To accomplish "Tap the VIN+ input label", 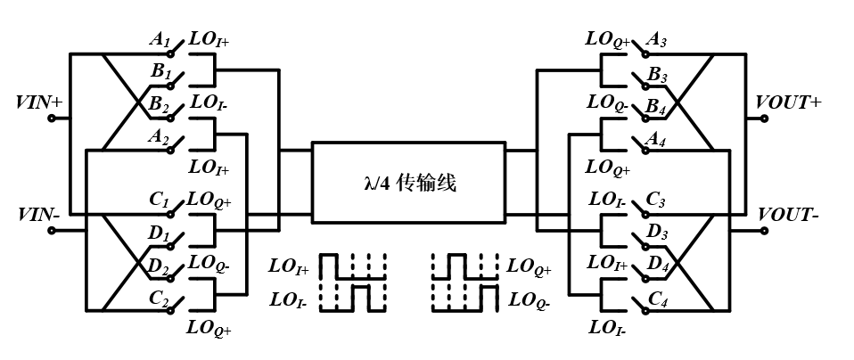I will (38, 102).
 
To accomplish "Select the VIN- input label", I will (37, 215).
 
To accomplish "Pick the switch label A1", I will (160, 40).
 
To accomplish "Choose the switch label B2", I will (160, 106).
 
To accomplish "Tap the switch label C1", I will (160, 201).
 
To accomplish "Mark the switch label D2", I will (160, 266).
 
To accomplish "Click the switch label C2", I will (160, 299).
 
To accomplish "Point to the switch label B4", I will (657, 106).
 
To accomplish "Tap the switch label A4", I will (657, 138).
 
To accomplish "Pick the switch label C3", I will (657, 201).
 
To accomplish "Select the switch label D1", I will (160, 234).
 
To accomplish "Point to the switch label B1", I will (160, 73).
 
